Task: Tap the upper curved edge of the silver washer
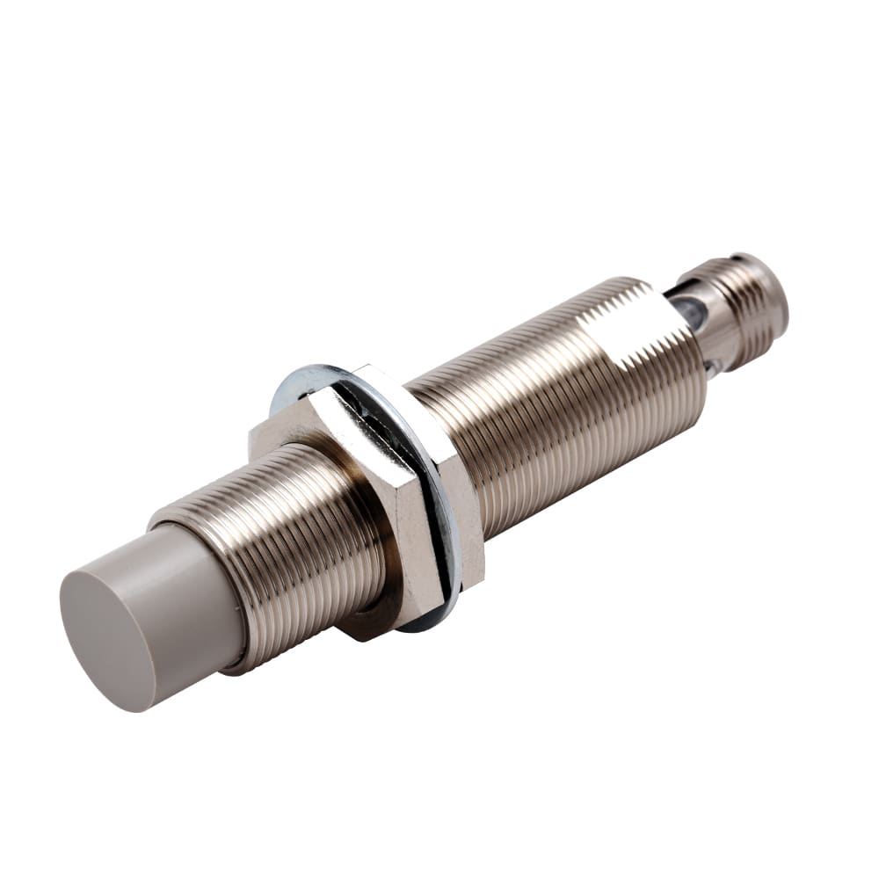point(308,374)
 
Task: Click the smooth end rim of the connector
point(769,294)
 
